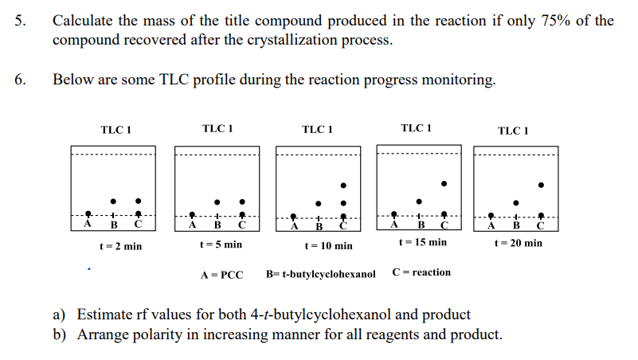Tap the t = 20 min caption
pos(519,243)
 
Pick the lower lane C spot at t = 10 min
pos(343,202)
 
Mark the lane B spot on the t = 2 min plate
pos(113,201)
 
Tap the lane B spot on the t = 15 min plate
pos(419,201)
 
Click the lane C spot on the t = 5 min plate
pos(242,201)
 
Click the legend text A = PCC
pos(221,275)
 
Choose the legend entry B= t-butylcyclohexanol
pos(320,275)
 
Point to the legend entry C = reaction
pos(421,272)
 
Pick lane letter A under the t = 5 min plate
pos(192,225)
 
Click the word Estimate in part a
pos(104,315)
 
